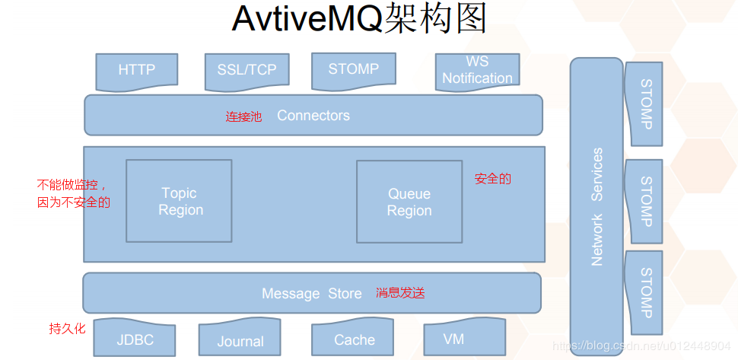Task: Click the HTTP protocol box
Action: pos(136,72)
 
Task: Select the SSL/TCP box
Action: pos(247,72)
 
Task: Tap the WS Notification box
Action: pos(477,71)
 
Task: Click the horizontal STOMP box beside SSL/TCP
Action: pos(354,71)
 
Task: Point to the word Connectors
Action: pos(313,115)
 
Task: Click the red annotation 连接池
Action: pos(243,116)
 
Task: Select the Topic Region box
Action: pos(179,201)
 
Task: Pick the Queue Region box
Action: pos(409,202)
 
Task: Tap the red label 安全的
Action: pos(492,179)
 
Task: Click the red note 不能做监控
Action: pos(75,184)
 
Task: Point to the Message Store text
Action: pos(312,294)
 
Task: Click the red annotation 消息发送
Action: pos(400,293)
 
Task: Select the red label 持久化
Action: pos(67,328)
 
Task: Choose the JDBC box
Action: pos(135,338)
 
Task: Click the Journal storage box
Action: pos(240,338)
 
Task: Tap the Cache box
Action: pos(353,338)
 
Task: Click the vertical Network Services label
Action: pos(596,207)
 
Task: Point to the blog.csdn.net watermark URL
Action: pos(642,346)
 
